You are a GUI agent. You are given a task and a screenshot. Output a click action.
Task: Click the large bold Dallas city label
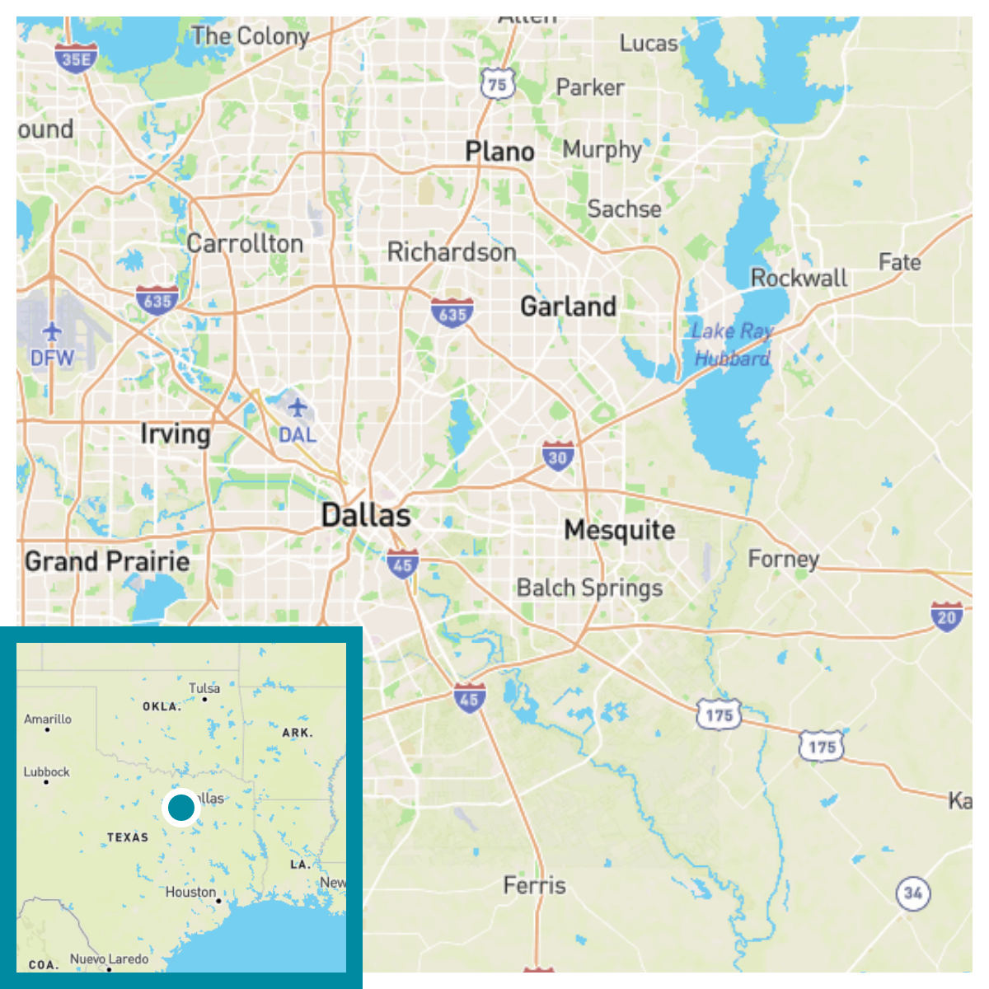[366, 516]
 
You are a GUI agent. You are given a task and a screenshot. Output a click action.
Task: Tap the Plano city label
[499, 152]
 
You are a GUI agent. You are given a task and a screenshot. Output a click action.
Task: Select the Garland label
[568, 307]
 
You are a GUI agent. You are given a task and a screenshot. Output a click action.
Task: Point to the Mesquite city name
[619, 530]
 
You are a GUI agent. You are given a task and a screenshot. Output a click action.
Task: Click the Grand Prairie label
[107, 562]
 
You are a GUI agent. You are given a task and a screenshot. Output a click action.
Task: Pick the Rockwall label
[798, 278]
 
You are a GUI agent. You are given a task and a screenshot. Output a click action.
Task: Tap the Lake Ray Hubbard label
[732, 344]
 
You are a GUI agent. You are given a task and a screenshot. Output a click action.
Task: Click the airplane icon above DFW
[52, 332]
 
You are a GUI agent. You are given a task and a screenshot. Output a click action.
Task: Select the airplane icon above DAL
[297, 407]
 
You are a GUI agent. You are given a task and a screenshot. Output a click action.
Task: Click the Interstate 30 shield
[558, 457]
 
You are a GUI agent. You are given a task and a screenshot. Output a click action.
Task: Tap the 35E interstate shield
[76, 59]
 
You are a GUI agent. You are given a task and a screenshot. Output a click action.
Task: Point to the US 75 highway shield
[497, 84]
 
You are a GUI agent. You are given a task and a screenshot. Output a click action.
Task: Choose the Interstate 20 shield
[946, 616]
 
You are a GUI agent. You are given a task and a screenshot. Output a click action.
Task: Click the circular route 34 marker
[912, 893]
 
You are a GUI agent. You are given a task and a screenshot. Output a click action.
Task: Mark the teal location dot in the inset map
[181, 808]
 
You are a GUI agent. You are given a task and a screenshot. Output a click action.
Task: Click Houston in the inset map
[190, 893]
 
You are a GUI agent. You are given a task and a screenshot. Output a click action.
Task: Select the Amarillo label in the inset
[48, 719]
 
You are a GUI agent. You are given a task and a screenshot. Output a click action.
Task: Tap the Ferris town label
[534, 886]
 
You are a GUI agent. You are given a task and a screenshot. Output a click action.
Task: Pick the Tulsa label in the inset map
[204, 688]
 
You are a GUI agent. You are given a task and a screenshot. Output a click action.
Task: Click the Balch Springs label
[589, 588]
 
